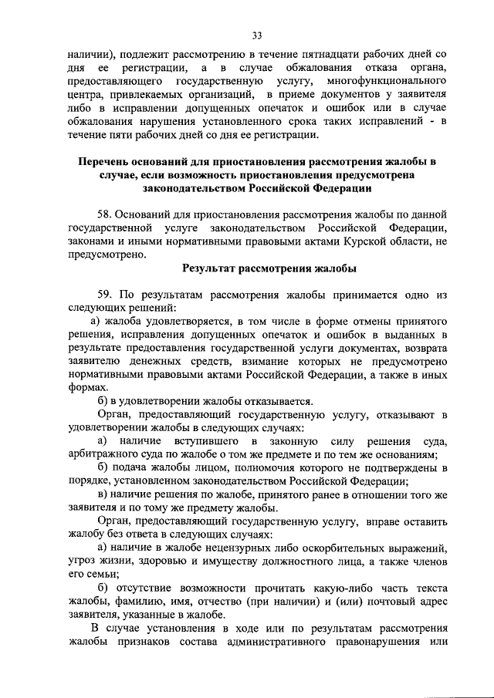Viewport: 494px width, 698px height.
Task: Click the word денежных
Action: click(x=175, y=361)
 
